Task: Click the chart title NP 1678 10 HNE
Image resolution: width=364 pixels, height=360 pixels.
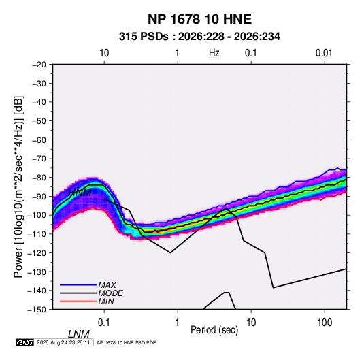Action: pos(199,19)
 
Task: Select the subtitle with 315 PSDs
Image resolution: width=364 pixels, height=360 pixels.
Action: pos(199,37)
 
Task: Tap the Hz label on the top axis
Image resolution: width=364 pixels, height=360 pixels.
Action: pos(214,53)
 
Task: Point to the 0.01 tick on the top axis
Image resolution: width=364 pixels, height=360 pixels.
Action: pos(324,53)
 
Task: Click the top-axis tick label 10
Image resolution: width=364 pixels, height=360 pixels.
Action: pos(104,53)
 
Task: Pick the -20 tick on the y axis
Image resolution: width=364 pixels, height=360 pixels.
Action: pos(39,65)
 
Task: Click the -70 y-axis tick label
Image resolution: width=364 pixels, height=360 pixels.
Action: pos(39,159)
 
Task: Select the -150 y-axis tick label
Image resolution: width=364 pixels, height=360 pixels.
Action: pos(37,310)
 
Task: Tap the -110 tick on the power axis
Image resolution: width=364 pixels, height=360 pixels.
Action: pos(37,234)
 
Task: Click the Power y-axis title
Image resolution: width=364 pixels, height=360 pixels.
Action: pos(18,186)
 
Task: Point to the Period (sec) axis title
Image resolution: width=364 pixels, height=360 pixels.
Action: pos(214,330)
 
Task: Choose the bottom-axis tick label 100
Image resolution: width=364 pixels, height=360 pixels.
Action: pos(325,323)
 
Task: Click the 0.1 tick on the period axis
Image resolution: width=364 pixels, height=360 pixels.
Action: pos(104,323)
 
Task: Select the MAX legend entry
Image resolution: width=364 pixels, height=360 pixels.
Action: pos(107,284)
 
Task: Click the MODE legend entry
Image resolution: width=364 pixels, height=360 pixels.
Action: pos(110,293)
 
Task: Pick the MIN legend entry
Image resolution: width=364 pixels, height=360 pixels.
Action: pos(106,301)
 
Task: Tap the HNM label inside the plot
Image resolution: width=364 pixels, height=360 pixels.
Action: pos(80,193)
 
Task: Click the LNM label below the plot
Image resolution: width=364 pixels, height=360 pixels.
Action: pos(78,334)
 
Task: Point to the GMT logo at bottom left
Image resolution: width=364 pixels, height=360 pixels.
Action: pos(25,342)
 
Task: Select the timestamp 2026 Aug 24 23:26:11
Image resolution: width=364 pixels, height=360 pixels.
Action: pos(63,342)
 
